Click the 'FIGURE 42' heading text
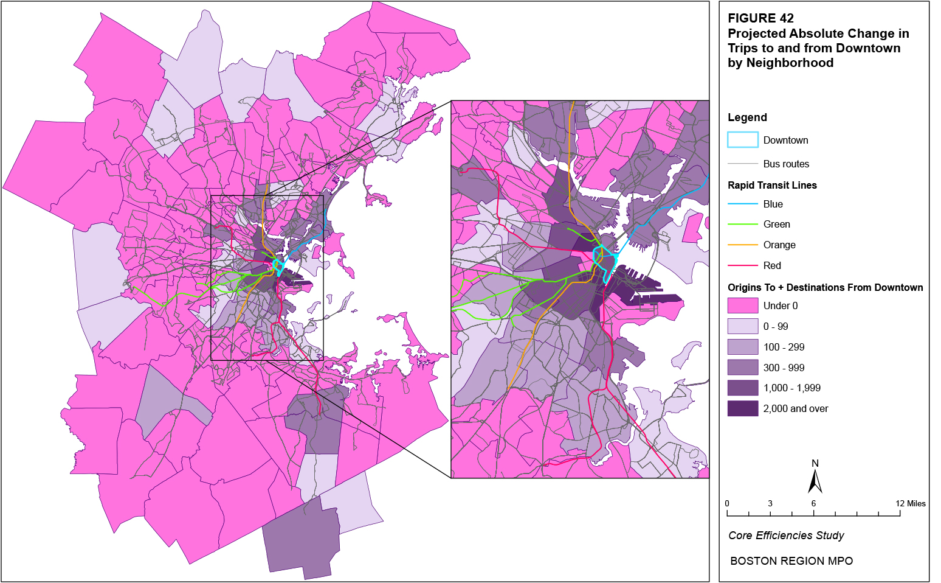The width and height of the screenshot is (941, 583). (x=760, y=18)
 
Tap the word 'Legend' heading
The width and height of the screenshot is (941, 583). (x=747, y=117)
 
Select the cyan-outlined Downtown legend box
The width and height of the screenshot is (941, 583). (x=743, y=140)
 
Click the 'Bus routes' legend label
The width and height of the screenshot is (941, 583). (x=786, y=164)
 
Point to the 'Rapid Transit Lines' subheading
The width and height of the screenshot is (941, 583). (x=772, y=185)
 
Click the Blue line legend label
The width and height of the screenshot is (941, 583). (x=773, y=204)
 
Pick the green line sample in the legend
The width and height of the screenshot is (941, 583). (x=743, y=225)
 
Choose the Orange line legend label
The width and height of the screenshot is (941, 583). (x=779, y=245)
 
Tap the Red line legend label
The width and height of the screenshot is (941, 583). (x=772, y=265)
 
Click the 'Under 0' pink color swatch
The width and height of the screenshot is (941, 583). (x=743, y=305)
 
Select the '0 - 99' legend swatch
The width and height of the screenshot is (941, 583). (x=743, y=326)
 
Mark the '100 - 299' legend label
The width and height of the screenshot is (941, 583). (x=784, y=347)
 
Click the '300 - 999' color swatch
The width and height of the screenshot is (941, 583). (x=743, y=368)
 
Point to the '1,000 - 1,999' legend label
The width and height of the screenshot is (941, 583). (x=791, y=388)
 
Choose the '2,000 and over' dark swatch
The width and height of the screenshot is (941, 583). (x=743, y=408)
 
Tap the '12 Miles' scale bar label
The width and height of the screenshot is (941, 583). (x=911, y=503)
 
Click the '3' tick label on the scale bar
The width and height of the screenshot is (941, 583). (x=770, y=503)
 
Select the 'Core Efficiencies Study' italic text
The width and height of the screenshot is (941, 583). (x=786, y=536)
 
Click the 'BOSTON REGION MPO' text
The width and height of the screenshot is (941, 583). (x=791, y=561)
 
